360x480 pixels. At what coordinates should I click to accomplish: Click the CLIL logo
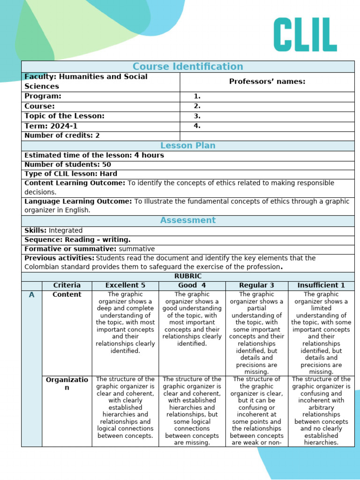305,35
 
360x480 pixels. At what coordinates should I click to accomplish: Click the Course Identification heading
187,67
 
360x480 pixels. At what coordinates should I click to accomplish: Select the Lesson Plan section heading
187,145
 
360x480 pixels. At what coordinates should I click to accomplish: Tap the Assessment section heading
187,220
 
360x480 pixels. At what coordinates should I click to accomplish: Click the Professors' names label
267,82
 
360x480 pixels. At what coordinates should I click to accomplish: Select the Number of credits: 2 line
62,135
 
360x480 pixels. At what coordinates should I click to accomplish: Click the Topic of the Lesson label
64,116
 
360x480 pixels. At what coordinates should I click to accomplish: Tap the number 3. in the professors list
197,116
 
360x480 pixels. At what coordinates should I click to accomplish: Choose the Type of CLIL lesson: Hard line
71,174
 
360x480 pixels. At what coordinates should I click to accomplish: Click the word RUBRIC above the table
187,277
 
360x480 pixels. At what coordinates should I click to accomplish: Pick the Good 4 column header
192,285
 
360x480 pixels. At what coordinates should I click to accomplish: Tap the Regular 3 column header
256,285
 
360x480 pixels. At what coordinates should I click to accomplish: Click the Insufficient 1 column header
321,285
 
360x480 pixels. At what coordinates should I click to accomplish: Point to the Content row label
67,294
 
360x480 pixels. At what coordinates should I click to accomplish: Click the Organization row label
67,383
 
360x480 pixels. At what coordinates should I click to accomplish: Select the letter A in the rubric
31,295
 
